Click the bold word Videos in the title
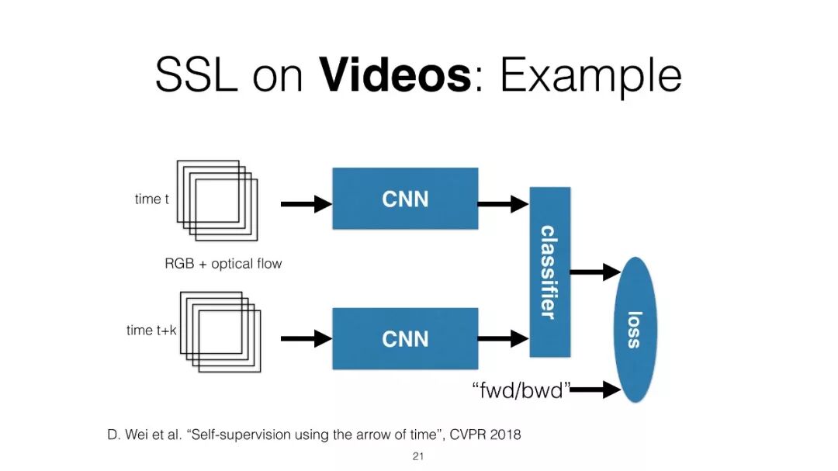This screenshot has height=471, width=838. pyautogui.click(x=394, y=75)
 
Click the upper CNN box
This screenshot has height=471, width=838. pyautogui.click(x=405, y=199)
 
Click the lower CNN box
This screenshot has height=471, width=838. pyautogui.click(x=405, y=338)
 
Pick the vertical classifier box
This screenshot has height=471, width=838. pyautogui.click(x=549, y=272)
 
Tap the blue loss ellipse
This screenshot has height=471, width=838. pyautogui.click(x=635, y=329)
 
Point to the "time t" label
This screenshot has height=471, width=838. pyautogui.click(x=152, y=199)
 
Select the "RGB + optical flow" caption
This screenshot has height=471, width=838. pyautogui.click(x=223, y=264)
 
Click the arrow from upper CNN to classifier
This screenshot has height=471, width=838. pyautogui.click(x=503, y=204)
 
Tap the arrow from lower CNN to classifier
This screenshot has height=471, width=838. pyautogui.click(x=503, y=338)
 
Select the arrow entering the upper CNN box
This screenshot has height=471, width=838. pyautogui.click(x=306, y=204)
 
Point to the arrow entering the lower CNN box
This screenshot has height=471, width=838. pyautogui.click(x=306, y=338)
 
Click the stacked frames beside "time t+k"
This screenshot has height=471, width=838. pyautogui.click(x=220, y=331)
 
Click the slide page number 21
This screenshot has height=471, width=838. pyautogui.click(x=418, y=456)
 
